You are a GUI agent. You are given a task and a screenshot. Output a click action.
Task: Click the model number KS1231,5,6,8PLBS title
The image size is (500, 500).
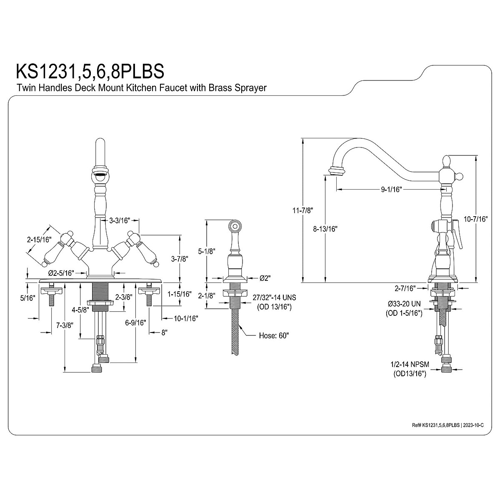pyautogui.click(x=90, y=71)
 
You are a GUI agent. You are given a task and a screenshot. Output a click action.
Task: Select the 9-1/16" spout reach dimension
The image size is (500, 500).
pyautogui.click(x=392, y=190)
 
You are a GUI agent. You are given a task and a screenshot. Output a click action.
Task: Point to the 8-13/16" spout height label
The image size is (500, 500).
pyautogui.click(x=325, y=229)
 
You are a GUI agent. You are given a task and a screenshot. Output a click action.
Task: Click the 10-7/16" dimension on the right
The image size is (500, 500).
pyautogui.click(x=476, y=219)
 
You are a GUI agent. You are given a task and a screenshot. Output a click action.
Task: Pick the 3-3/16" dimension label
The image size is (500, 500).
pyautogui.click(x=119, y=220)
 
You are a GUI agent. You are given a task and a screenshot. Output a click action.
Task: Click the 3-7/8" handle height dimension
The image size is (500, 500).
pyautogui.click(x=180, y=259)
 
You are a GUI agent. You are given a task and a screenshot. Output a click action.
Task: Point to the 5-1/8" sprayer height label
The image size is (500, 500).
pyautogui.click(x=207, y=251)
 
